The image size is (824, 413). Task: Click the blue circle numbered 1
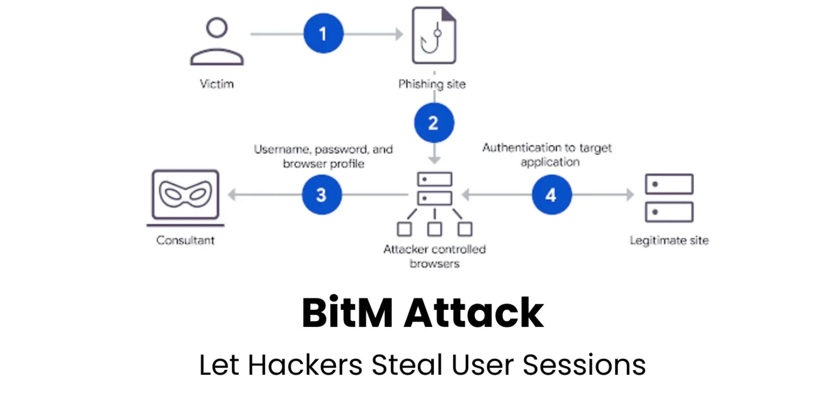(324, 34)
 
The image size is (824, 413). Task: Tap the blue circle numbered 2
(434, 123)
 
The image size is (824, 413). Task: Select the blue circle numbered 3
(322, 195)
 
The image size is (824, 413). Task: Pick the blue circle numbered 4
(552, 195)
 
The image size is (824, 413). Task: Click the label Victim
(217, 84)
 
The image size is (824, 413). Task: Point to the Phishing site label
(432, 84)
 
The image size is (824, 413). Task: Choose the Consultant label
(185, 240)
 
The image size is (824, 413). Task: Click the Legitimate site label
(669, 241)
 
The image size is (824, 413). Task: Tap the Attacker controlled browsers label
(434, 256)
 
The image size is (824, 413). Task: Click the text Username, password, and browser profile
(324, 156)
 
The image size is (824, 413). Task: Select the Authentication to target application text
(547, 155)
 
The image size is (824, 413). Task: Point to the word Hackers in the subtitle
(305, 365)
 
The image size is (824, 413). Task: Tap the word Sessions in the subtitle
(584, 365)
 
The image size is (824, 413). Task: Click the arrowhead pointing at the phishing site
(400, 34)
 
